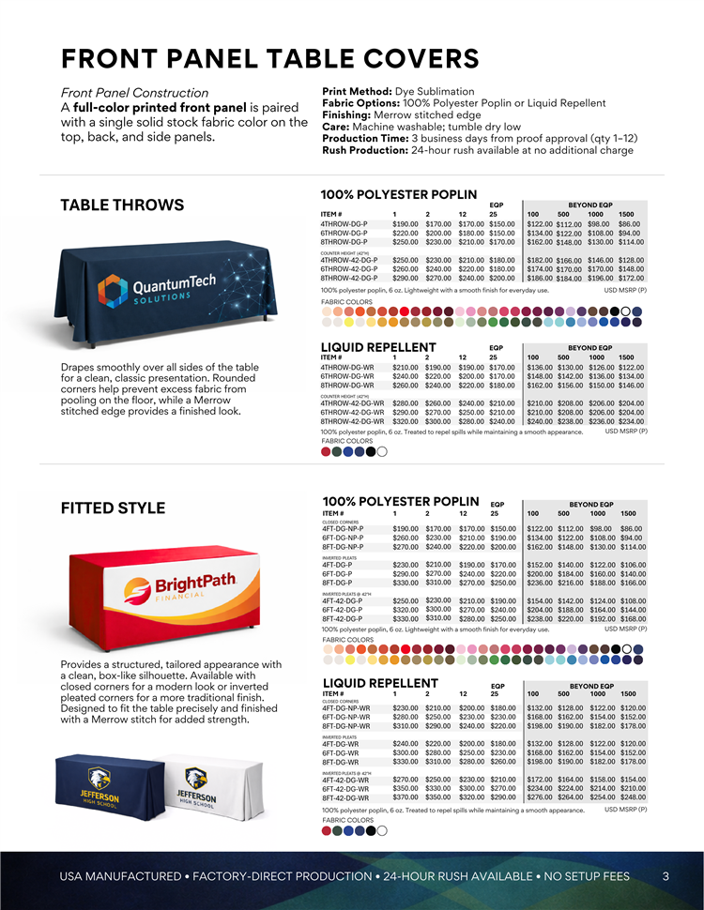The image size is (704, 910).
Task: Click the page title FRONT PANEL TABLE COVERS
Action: (x=269, y=58)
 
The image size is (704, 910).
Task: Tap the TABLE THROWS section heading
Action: (x=122, y=205)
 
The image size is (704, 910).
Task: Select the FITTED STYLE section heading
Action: (x=113, y=508)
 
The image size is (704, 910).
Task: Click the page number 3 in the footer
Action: (x=666, y=876)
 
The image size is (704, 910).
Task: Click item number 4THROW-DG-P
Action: (x=344, y=224)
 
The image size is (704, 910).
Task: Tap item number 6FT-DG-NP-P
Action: (x=344, y=538)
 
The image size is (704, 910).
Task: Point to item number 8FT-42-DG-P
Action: (x=344, y=619)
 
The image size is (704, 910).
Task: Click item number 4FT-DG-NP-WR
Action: (x=346, y=708)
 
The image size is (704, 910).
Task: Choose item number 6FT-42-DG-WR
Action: (x=345, y=789)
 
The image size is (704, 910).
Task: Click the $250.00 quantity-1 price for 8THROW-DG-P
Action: (x=406, y=242)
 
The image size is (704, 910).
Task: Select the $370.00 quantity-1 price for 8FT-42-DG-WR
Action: (x=406, y=797)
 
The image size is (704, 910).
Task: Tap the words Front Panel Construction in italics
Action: (x=134, y=93)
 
